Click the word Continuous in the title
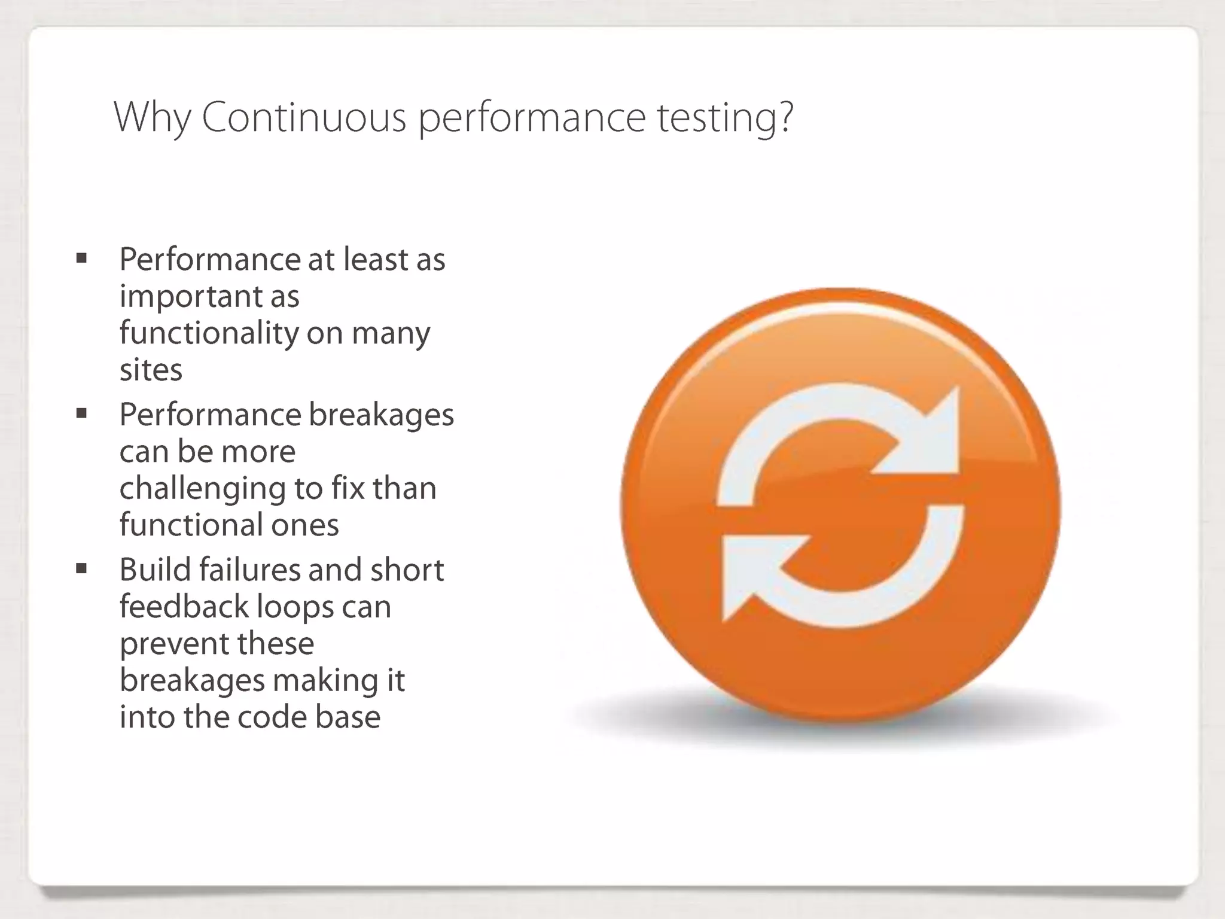pos(303,117)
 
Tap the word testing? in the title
pos(725,118)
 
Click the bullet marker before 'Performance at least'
pos(82,258)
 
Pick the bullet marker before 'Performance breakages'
pos(82,413)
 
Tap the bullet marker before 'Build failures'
pos(82,568)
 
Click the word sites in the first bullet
pos(151,370)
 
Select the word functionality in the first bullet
pos(208,333)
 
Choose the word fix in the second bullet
pos(348,488)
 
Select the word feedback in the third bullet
pos(184,606)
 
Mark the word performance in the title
pos(532,118)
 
